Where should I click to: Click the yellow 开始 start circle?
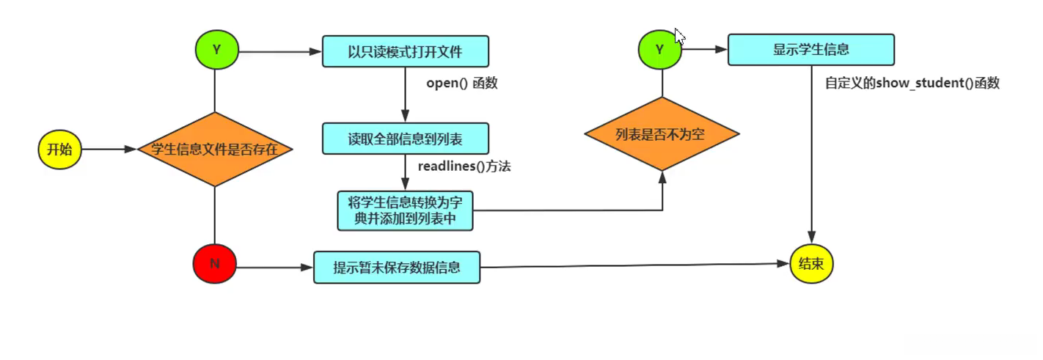coord(59,150)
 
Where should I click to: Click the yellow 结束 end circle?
coord(811,264)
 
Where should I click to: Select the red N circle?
coord(214,264)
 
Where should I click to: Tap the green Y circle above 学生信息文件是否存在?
coord(216,50)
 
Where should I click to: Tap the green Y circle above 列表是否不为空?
coord(659,50)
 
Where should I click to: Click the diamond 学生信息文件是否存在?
coord(215,150)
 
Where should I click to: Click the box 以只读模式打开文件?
coord(406,52)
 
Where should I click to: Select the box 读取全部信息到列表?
coord(405,139)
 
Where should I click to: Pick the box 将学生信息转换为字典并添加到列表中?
coord(405,210)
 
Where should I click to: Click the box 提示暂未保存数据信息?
coord(397,268)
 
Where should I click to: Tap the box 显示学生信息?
coord(810,50)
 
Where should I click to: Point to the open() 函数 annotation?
coord(462,84)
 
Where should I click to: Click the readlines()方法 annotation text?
coord(464,167)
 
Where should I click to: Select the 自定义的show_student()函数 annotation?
coord(912,84)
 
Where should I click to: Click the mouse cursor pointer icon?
coord(679,37)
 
